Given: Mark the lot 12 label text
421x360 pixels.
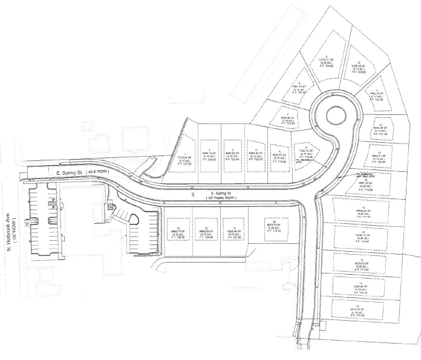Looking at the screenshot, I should pos(380,129).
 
